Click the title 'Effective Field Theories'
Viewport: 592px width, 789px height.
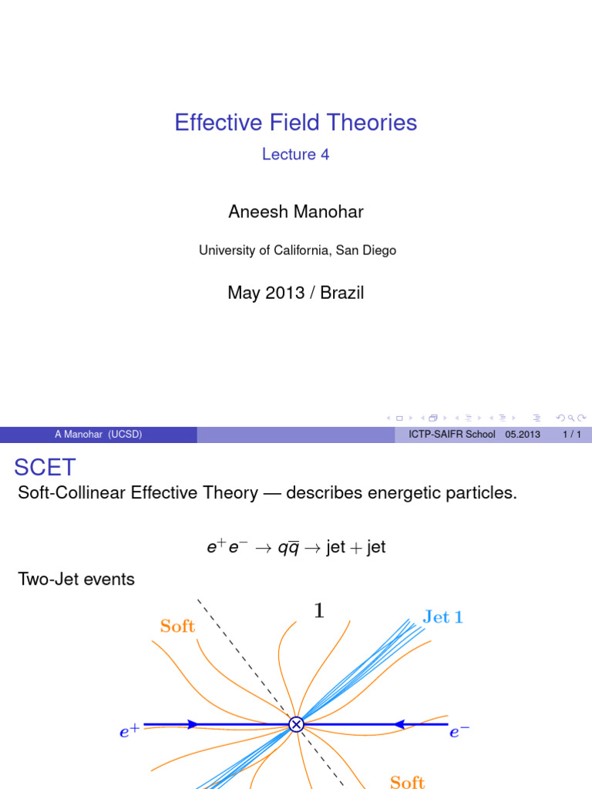point(295,123)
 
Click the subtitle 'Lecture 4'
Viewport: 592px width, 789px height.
point(295,154)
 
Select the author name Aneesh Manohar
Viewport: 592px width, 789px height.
point(295,212)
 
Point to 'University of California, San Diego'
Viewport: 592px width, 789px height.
point(297,250)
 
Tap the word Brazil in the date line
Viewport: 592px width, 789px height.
point(341,293)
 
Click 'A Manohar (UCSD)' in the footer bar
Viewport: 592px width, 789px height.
point(98,435)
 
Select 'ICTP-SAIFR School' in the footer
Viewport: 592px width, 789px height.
point(452,435)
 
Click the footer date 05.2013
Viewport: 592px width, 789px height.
point(523,435)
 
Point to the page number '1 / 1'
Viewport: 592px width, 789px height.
point(572,435)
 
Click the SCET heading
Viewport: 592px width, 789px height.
point(45,467)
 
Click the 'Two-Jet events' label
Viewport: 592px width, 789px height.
point(76,579)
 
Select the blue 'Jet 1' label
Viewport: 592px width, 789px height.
point(443,617)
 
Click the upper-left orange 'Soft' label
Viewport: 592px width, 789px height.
point(177,626)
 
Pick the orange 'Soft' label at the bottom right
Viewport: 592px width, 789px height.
point(407,782)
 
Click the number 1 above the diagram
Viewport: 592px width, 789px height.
point(319,611)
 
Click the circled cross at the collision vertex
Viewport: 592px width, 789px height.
point(296,724)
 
